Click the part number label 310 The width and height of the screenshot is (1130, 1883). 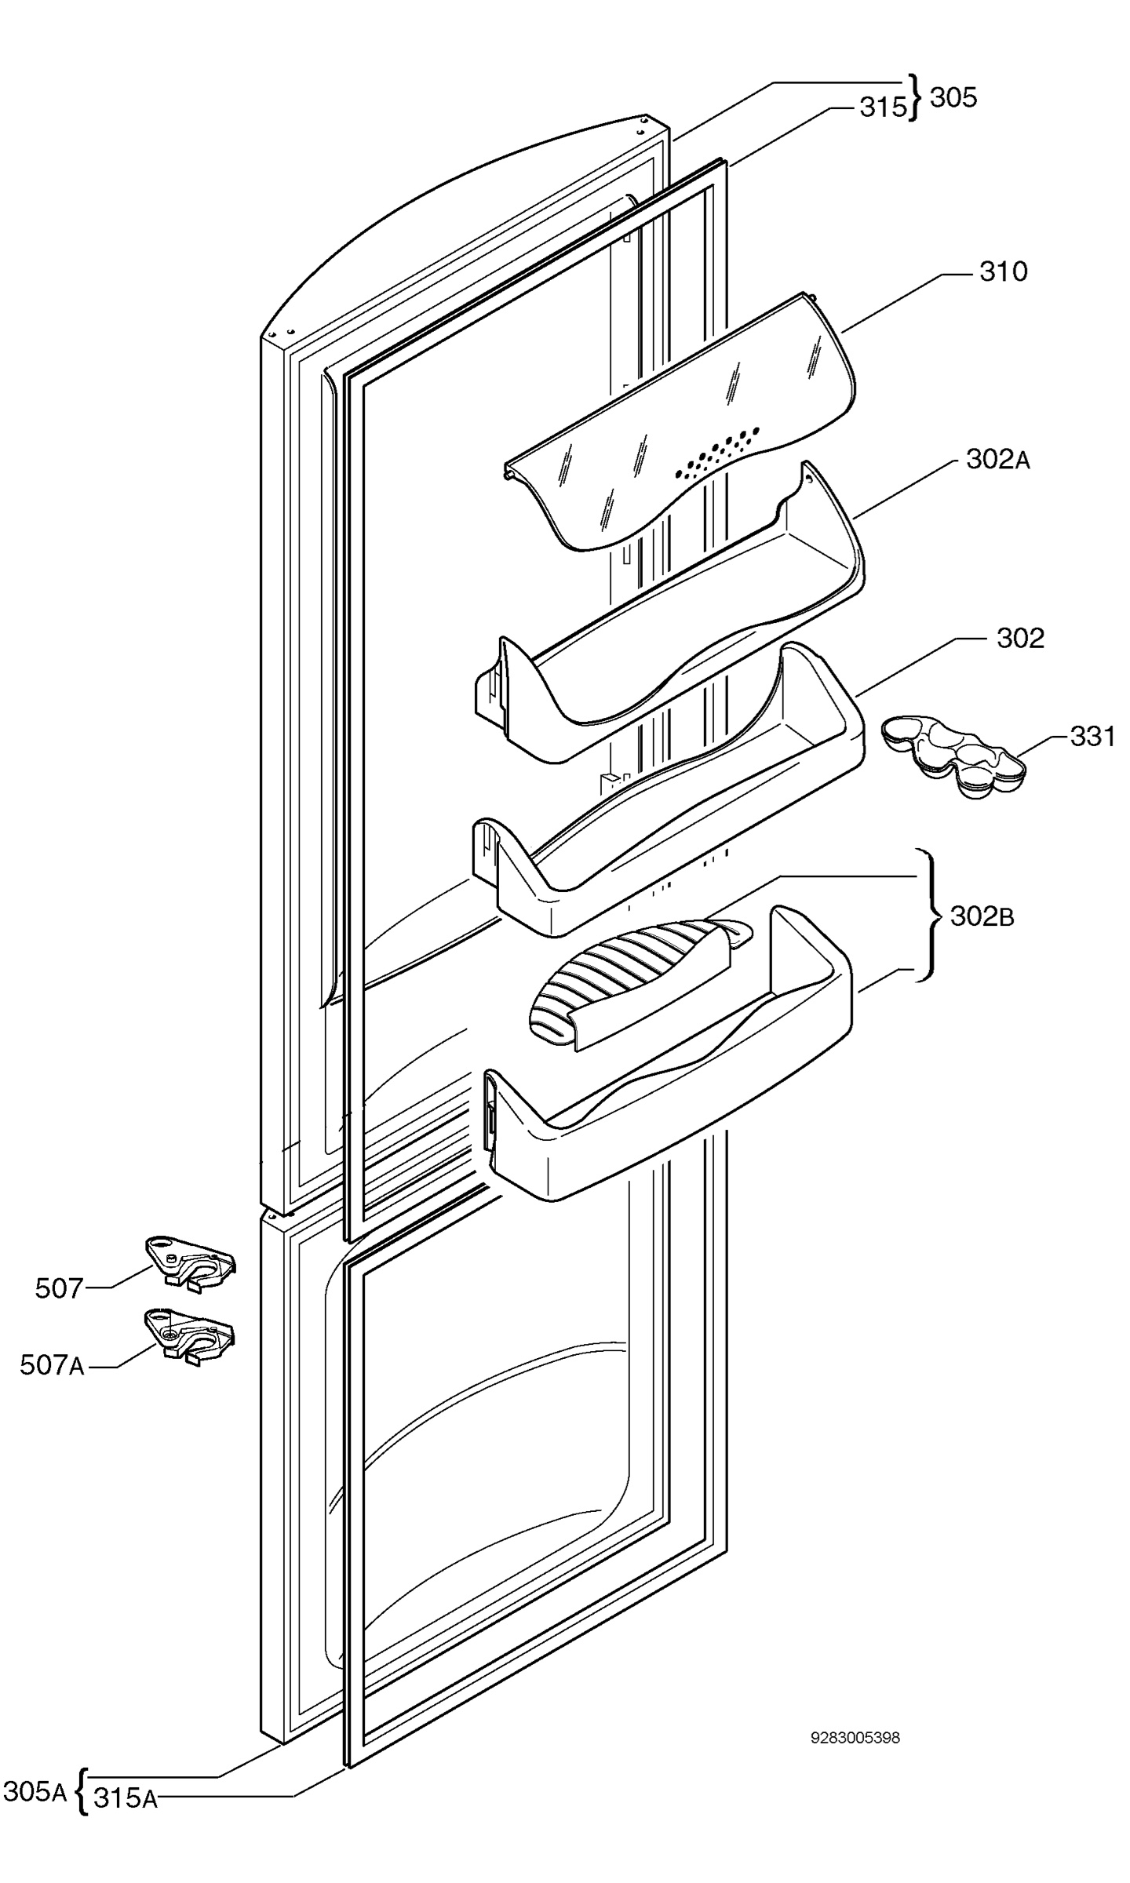(x=1003, y=272)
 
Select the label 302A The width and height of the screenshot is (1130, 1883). (x=997, y=460)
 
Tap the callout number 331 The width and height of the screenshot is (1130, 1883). (x=1092, y=737)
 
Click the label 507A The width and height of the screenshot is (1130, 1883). (x=52, y=1366)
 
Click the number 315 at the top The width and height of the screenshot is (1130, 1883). (x=883, y=107)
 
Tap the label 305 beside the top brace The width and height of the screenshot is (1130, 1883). (x=953, y=98)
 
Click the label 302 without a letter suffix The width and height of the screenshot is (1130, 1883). (x=1020, y=638)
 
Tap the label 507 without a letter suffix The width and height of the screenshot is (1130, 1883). (x=59, y=1288)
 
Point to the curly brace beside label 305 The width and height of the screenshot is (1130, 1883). (x=916, y=98)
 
